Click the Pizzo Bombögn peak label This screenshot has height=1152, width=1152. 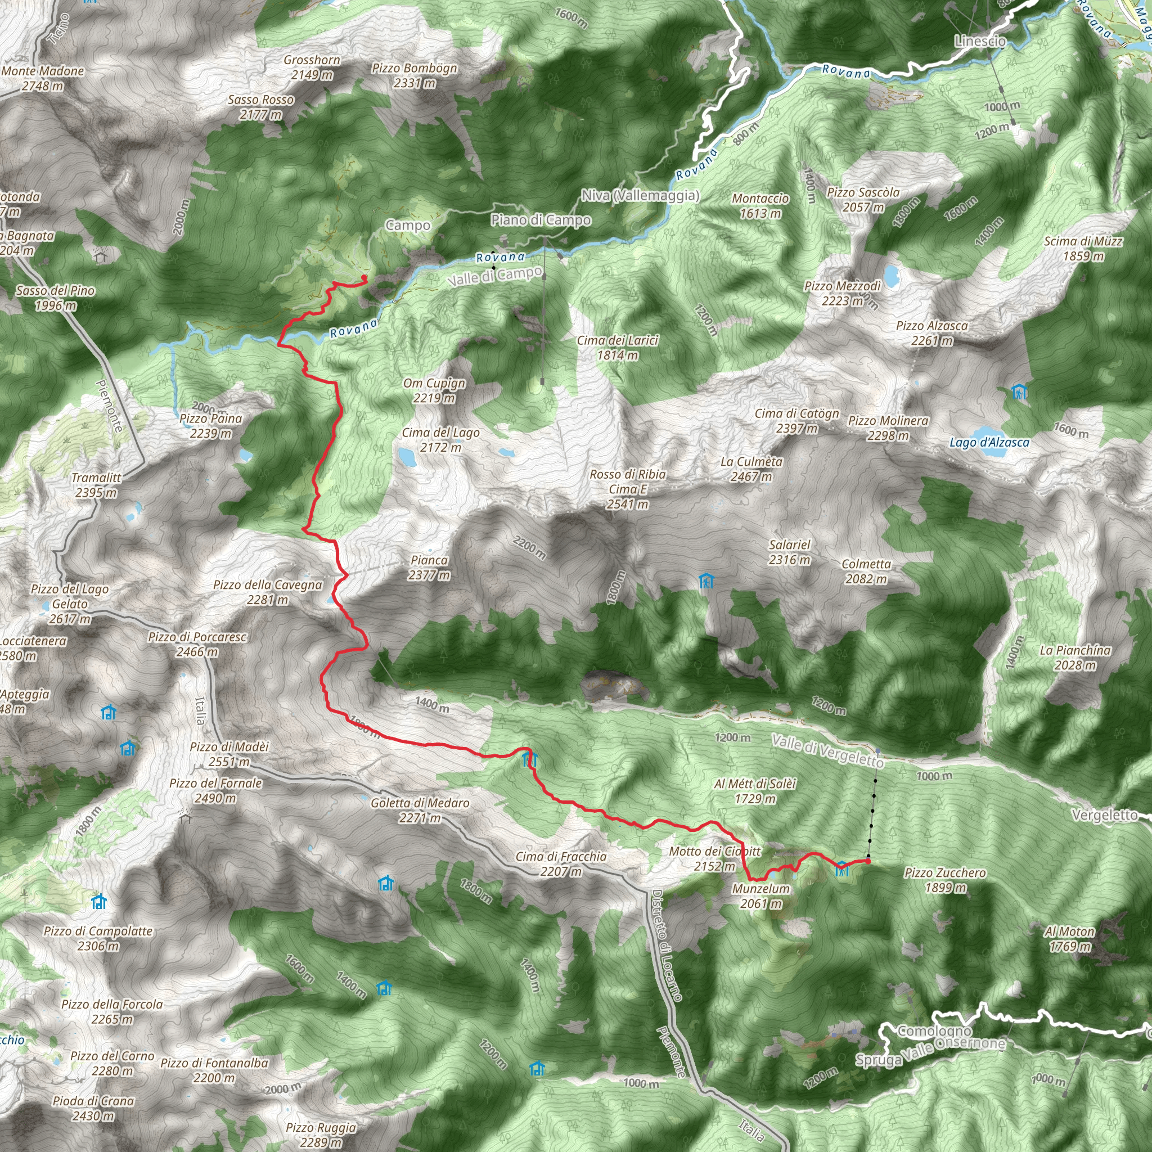[415, 75]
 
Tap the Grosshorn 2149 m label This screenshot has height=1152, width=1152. [312, 67]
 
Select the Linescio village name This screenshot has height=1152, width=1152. [980, 41]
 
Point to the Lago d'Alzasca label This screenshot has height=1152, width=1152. [989, 443]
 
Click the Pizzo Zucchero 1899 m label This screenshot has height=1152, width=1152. [945, 880]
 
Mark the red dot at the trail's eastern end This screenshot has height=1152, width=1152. [868, 861]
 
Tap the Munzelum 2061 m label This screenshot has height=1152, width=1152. [761, 895]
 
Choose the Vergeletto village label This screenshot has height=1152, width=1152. [1104, 815]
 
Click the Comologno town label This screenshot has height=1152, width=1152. [934, 1031]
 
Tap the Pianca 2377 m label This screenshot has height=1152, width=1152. [429, 568]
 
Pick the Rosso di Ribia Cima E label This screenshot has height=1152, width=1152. [628, 489]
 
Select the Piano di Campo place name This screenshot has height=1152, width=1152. [541, 220]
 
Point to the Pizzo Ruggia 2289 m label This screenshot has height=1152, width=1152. [321, 1134]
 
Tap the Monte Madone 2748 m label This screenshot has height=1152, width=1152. [42, 78]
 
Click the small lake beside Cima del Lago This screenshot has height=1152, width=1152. [408, 457]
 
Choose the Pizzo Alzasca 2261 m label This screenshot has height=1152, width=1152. [932, 333]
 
